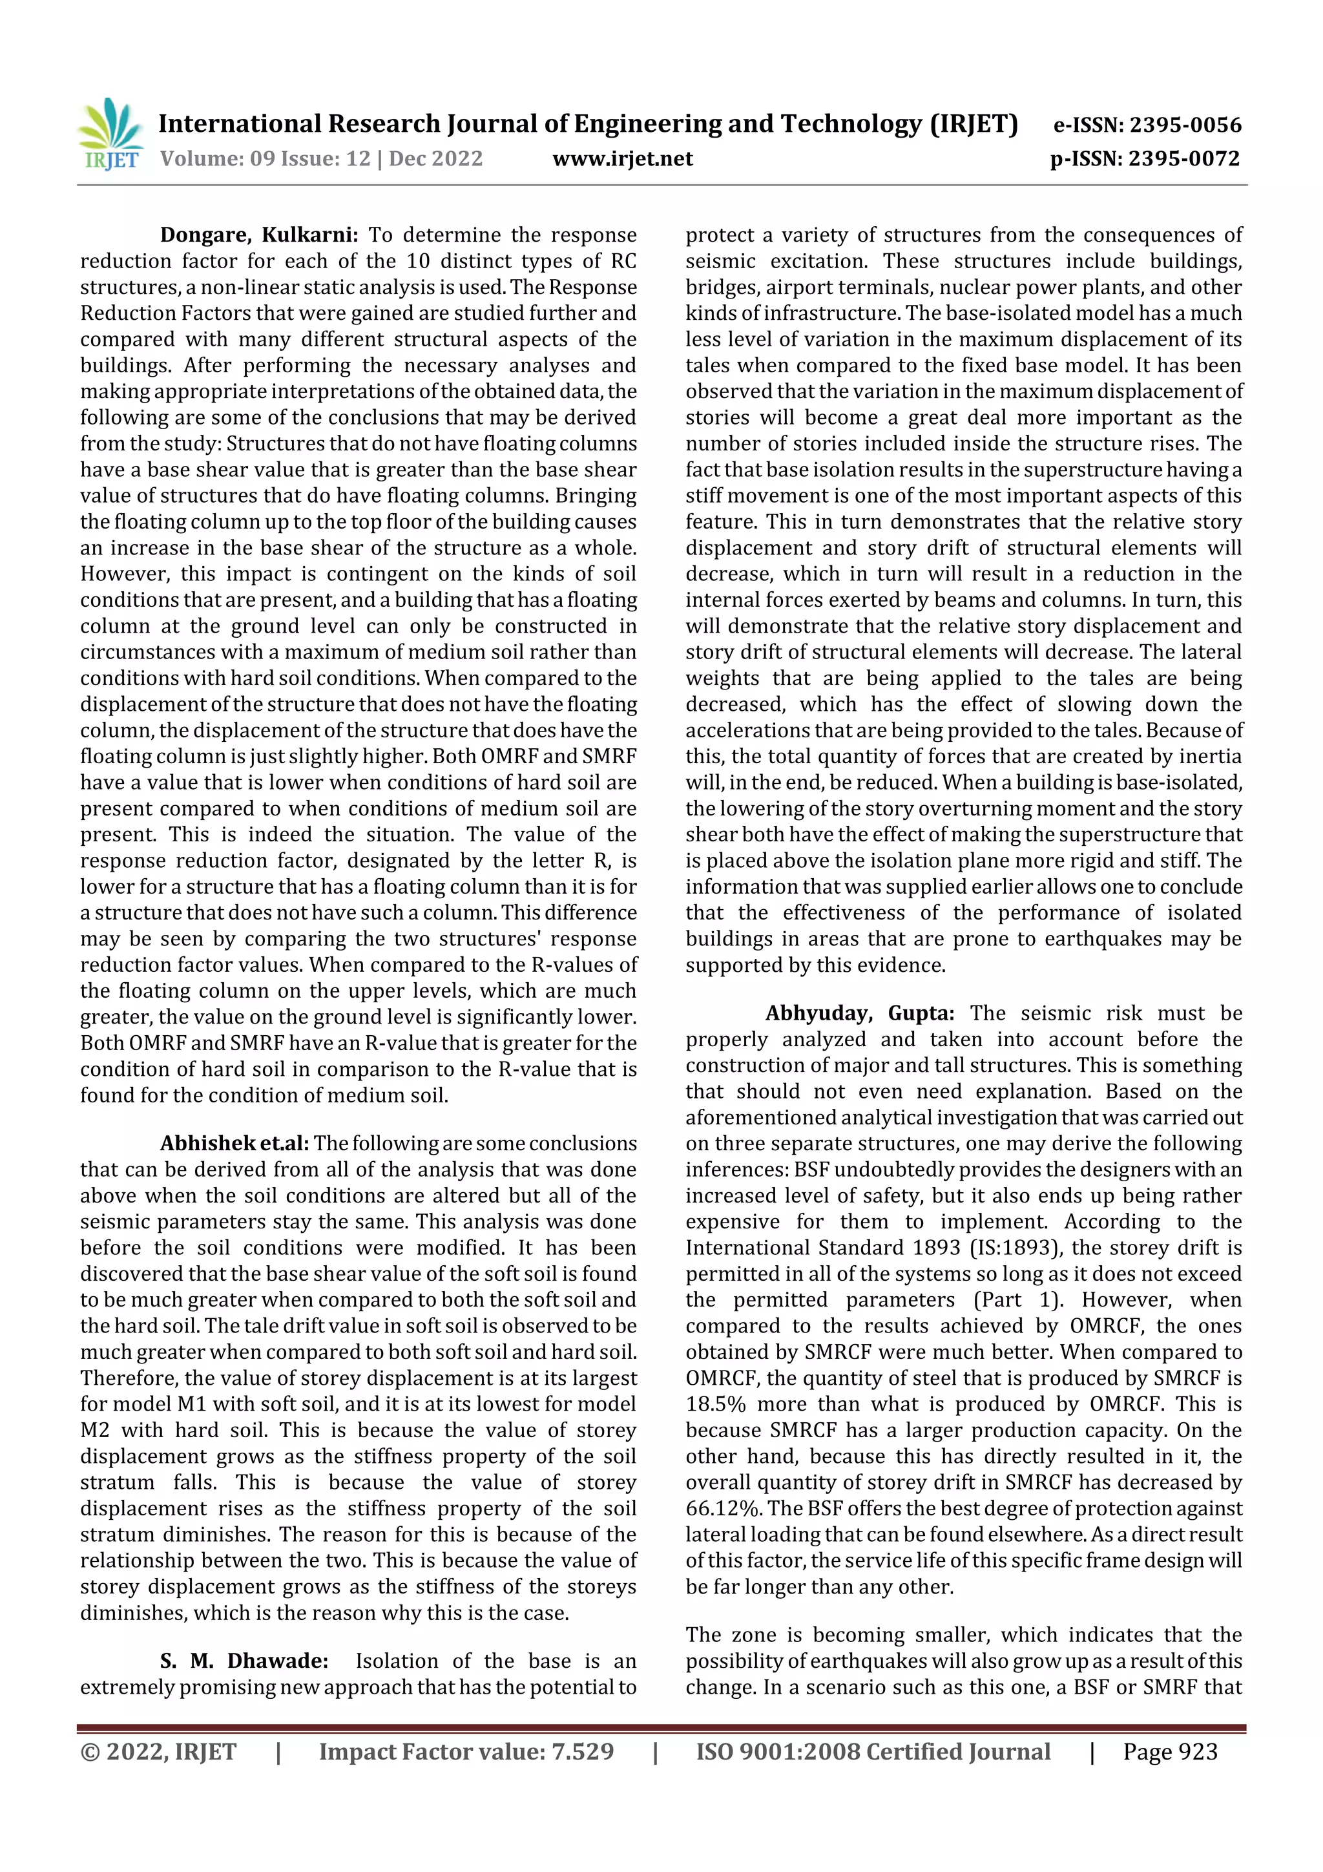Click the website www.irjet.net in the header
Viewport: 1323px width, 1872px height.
click(622, 158)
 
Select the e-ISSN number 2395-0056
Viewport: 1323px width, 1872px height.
click(1185, 125)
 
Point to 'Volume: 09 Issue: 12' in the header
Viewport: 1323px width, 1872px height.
click(265, 158)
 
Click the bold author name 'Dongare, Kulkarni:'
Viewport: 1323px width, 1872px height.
click(258, 235)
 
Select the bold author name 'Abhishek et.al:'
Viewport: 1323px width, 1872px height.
click(234, 1143)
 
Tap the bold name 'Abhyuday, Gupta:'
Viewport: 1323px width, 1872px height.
click(859, 1013)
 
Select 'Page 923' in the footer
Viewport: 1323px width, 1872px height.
click(1170, 1751)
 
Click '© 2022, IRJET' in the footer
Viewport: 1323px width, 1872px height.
click(158, 1751)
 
